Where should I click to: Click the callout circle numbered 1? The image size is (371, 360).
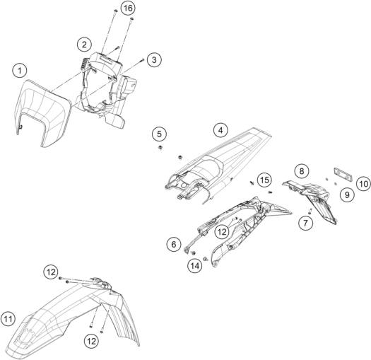pos(20,71)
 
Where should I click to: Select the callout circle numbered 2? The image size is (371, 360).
pos(84,45)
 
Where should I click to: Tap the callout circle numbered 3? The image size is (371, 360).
pos(154,59)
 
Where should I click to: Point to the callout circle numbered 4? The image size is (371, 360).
pos(220,130)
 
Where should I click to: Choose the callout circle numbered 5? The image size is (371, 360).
pos(159,134)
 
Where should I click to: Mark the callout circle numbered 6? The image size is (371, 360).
pos(174,244)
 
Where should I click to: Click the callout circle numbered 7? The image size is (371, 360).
pos(305,223)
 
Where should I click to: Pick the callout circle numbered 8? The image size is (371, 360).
pos(302,170)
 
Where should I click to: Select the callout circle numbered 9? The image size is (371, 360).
pos(347,194)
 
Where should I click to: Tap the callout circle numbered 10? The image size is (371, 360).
pos(364,184)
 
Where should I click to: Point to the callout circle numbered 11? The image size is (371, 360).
pos(8,319)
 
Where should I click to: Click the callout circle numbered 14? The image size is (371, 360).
pos(195,266)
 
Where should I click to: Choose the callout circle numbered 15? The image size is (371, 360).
pos(264,180)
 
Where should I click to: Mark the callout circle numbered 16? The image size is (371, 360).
pos(128,8)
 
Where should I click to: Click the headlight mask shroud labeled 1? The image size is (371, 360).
pos(42,111)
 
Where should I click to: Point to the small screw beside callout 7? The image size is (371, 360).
pos(310,211)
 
